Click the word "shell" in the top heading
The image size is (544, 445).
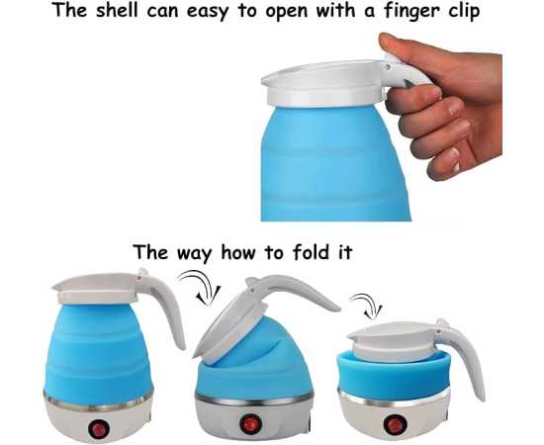click(x=118, y=10)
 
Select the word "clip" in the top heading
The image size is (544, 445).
click(x=464, y=12)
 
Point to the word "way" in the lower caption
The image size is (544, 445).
click(x=194, y=254)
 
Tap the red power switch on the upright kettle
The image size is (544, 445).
click(x=99, y=428)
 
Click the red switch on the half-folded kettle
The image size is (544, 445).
click(x=249, y=423)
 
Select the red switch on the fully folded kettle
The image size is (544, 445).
click(x=395, y=424)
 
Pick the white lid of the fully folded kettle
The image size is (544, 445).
click(x=393, y=337)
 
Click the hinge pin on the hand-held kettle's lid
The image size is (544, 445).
click(x=387, y=67)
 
